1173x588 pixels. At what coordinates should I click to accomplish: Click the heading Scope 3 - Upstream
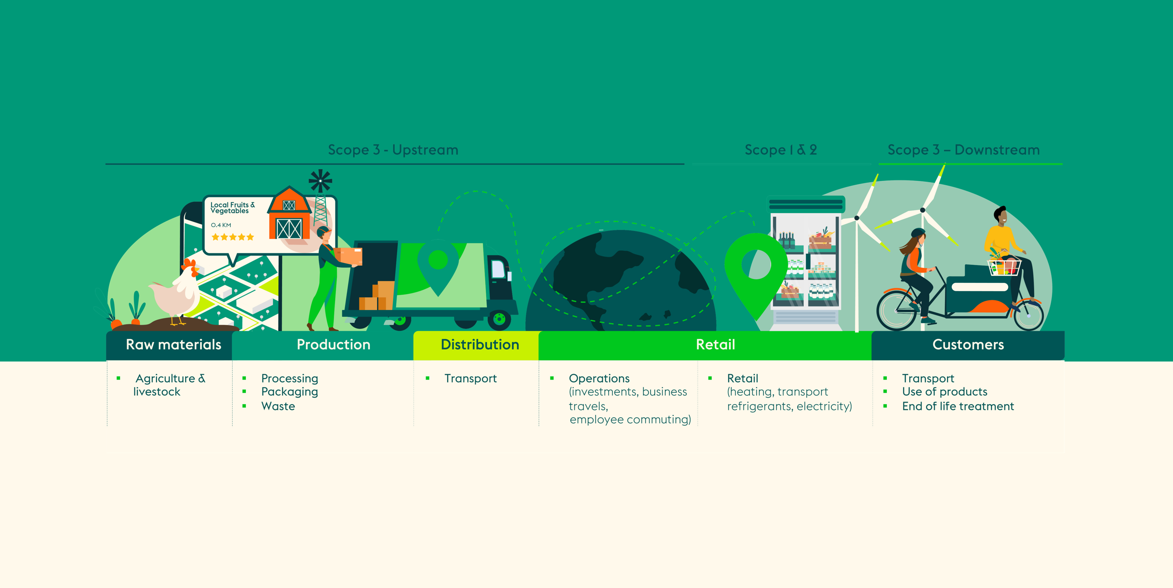393,150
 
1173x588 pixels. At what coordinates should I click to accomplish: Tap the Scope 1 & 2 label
780,150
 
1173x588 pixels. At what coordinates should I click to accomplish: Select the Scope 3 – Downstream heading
964,150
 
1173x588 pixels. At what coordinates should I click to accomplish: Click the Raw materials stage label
174,344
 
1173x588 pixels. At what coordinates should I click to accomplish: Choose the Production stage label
333,344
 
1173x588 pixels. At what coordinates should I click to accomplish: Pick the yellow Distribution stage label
480,344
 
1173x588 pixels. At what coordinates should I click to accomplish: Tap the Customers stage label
968,344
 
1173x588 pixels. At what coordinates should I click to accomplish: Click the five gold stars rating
233,237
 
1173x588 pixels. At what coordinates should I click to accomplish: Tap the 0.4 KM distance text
221,225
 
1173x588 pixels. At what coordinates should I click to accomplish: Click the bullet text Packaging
290,392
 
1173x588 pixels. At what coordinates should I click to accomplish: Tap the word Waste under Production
278,406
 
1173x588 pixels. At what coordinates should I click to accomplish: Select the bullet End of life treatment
958,406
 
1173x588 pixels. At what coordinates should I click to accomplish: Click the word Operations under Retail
599,379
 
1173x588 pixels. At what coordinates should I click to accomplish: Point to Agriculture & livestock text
169,385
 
